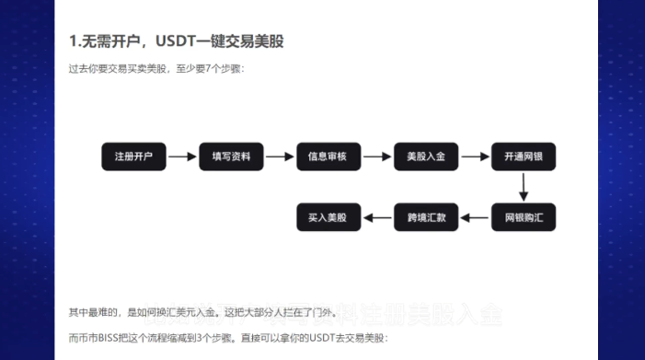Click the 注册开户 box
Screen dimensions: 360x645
[133, 157]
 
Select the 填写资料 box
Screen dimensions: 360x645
[231, 157]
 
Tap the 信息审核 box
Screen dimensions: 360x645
[328, 157]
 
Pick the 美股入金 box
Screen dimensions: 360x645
[426, 157]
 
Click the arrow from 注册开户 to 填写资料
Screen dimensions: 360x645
[182, 157]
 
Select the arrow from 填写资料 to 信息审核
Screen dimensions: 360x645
[280, 157]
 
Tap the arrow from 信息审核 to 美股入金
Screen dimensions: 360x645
[377, 157]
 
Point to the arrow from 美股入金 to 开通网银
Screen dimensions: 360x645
[475, 157]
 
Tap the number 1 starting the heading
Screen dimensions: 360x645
[73, 41]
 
